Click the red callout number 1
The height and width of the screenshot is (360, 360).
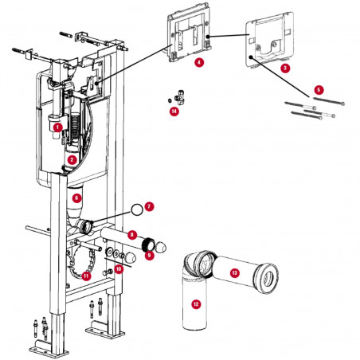(57, 126)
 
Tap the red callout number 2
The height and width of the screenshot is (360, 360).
(72, 159)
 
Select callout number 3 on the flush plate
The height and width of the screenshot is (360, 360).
(284, 69)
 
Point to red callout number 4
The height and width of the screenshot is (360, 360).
(198, 61)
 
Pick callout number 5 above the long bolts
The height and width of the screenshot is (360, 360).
(319, 90)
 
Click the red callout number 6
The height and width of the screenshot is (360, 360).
(76, 197)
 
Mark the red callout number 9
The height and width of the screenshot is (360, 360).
(149, 255)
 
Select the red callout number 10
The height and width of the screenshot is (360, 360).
(119, 269)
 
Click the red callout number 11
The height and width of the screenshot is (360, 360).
(86, 276)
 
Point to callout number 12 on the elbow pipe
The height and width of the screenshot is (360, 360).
(196, 303)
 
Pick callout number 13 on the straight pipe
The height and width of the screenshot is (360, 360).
(234, 273)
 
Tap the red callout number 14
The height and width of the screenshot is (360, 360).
(174, 112)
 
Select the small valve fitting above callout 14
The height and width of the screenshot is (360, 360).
(179, 96)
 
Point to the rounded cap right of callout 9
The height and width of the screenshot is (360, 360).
(165, 245)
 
